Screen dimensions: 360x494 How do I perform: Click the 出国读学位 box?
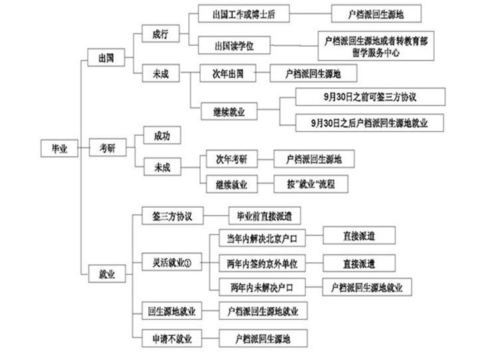pos(233,45)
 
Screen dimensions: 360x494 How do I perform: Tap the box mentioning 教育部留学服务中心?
pos(376,45)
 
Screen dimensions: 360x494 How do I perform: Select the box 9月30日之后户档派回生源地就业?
pos(369,122)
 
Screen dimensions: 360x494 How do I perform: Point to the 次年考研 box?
pos(231,159)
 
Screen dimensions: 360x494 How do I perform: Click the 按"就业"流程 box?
pos(310,184)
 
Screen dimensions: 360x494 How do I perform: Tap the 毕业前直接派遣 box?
pos(264,216)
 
